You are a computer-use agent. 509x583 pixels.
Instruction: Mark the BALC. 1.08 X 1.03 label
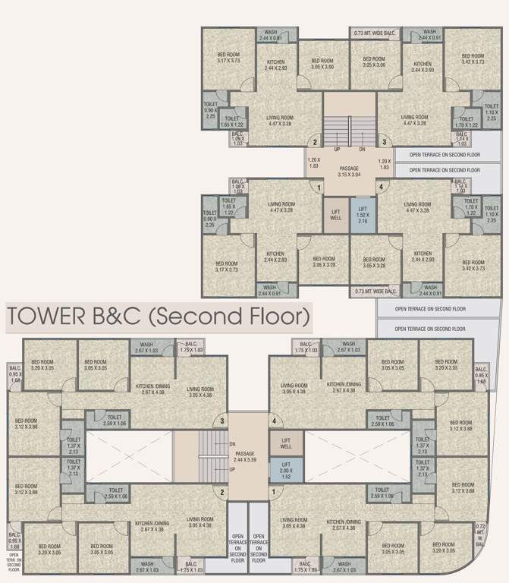239,185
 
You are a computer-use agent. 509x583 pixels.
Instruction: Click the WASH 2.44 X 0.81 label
270,35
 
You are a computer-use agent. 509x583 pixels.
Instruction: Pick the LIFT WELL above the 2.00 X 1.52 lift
286,442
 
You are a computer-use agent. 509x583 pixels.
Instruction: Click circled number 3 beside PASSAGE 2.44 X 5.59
222,421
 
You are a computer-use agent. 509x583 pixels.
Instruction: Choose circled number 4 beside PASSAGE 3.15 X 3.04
382,188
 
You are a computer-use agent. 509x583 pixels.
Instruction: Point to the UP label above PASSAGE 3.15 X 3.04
337,150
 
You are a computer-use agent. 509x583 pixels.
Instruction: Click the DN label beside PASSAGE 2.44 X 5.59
232,444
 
